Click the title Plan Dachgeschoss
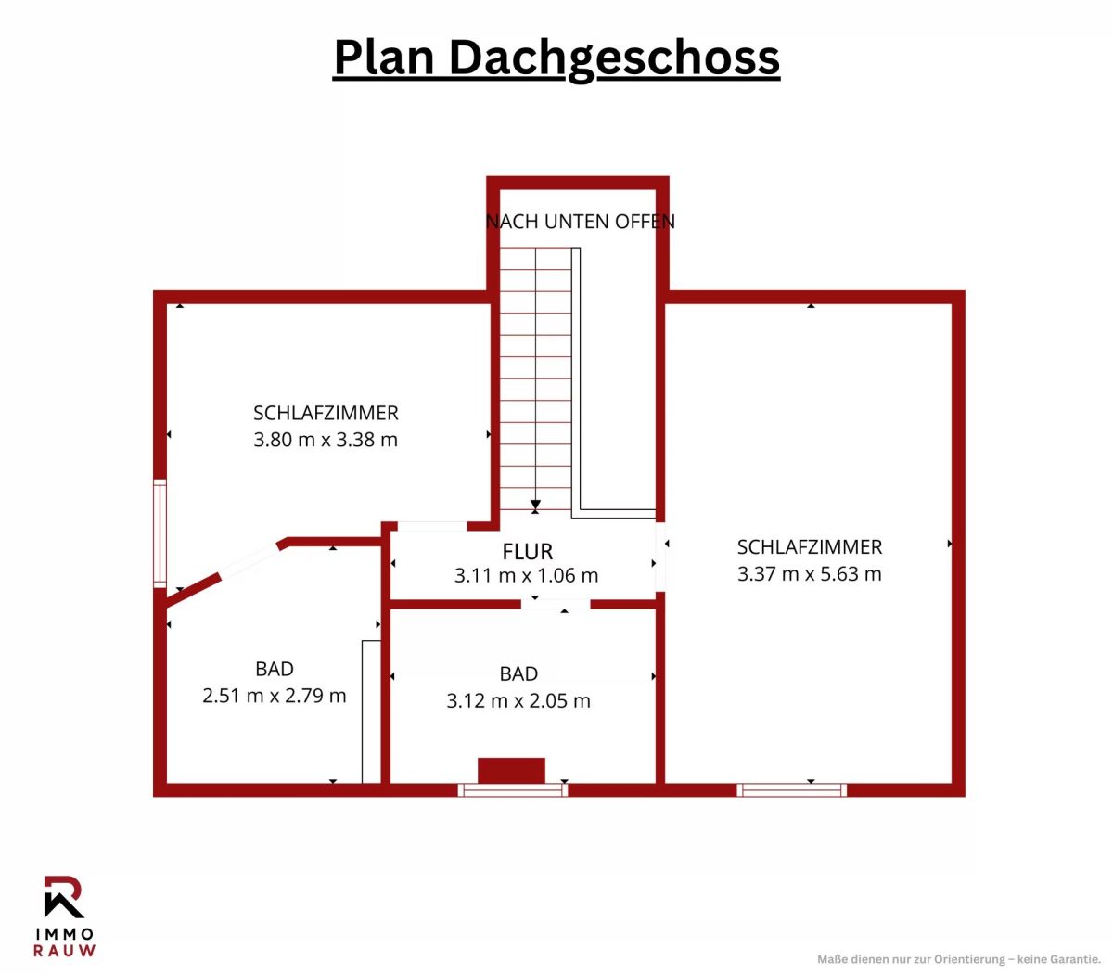click(556, 58)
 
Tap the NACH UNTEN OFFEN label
click(580, 222)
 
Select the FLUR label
click(527, 552)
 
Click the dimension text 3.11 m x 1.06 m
click(526, 575)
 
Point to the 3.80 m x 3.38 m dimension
click(326, 439)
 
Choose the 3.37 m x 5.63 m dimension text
click(809, 573)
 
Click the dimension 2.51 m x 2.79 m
click(275, 696)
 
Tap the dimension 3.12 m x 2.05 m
click(518, 700)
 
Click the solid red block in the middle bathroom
click(511, 771)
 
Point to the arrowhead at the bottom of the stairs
click(535, 505)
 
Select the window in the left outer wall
click(160, 533)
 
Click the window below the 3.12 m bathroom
click(512, 790)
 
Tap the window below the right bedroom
click(791, 790)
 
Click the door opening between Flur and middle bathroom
click(556, 604)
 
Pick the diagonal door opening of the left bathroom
click(250, 558)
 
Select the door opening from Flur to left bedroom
click(432, 526)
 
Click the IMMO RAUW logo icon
click(64, 897)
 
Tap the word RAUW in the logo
click(64, 951)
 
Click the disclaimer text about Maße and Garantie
click(958, 959)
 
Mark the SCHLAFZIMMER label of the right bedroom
click(810, 547)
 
